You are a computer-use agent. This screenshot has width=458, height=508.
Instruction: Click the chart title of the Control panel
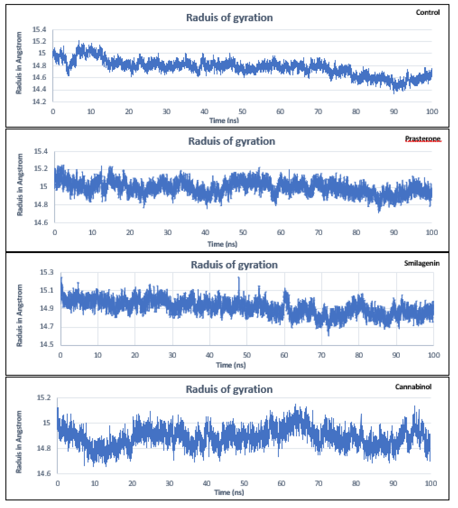229,18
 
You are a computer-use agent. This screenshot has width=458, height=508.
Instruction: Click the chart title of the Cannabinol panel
229,390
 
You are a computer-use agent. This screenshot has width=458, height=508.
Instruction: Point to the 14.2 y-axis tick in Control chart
39,102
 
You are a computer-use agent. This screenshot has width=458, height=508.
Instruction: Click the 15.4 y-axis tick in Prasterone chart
41,151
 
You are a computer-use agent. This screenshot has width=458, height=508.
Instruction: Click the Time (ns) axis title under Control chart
224,121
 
